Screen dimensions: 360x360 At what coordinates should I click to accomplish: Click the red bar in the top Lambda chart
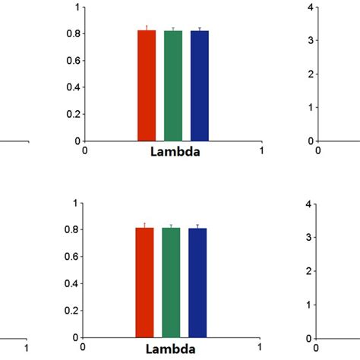[147, 85]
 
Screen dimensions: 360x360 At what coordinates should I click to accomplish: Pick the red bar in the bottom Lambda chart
[145, 282]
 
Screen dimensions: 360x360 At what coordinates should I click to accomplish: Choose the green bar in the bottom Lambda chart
[172, 282]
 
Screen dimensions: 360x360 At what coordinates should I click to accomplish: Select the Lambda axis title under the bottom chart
[172, 349]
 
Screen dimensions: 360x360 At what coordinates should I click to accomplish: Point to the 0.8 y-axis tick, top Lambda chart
[74, 34]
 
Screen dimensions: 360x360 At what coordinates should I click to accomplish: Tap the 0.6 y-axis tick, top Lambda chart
[74, 61]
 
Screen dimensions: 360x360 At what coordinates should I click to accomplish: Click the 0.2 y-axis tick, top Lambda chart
[74, 114]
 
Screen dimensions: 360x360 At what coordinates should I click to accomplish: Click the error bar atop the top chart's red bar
[147, 27]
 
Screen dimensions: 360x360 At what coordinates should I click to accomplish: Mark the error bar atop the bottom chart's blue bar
[197, 226]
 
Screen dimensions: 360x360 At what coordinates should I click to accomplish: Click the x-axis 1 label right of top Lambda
[261, 150]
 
